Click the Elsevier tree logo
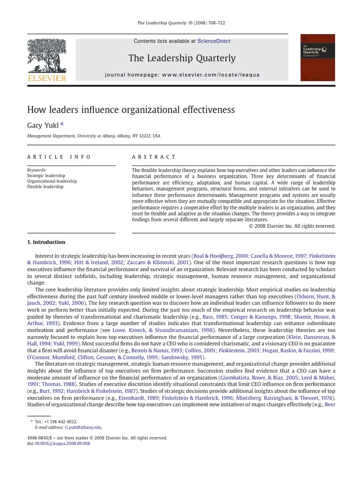(x=47, y=56)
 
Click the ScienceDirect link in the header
(x=214, y=41)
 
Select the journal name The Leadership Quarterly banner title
(x=182, y=58)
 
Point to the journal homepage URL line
(x=182, y=75)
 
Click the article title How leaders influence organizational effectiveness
(x=131, y=110)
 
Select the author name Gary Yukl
(x=43, y=125)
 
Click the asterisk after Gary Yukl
(x=62, y=124)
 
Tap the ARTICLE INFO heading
(x=59, y=157)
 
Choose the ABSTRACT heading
(x=154, y=157)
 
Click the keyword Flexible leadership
(x=45, y=187)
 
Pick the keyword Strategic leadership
(x=46, y=176)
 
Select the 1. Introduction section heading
(x=46, y=242)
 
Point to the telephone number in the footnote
(x=60, y=422)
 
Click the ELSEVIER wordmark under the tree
(x=47, y=78)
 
